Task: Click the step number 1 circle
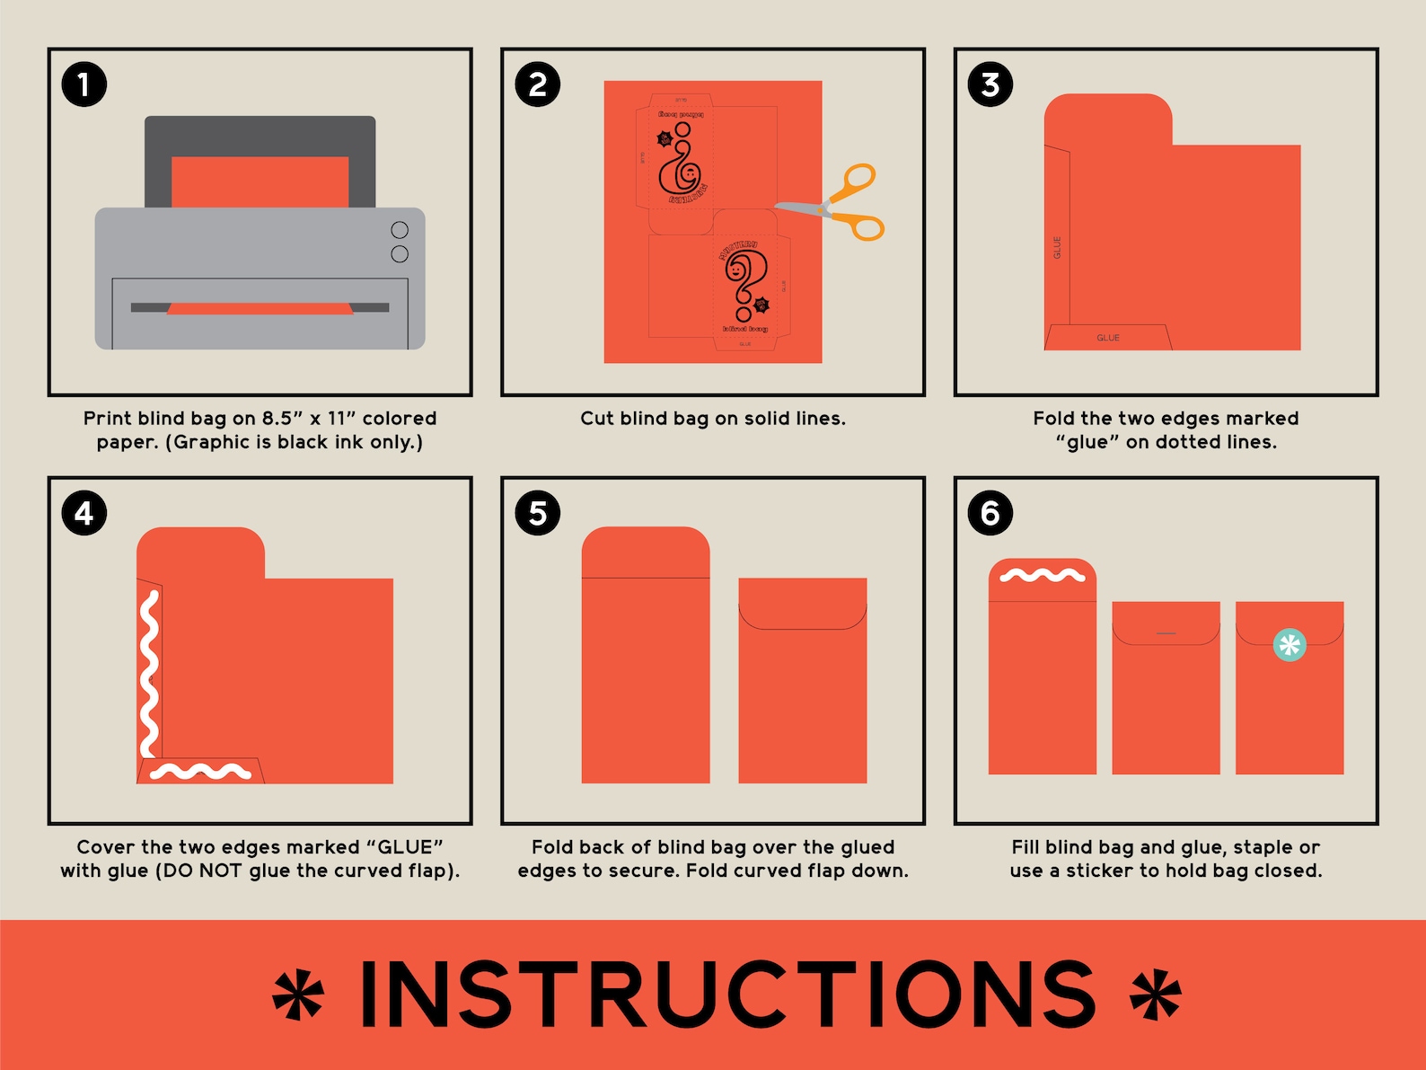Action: tap(84, 84)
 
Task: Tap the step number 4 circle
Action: tap(84, 513)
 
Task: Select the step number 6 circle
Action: tap(990, 513)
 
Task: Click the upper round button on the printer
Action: tap(400, 230)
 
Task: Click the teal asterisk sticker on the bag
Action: tap(1290, 644)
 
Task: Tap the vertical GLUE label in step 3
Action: tap(1057, 247)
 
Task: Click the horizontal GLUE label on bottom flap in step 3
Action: tap(1108, 338)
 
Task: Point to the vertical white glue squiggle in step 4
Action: tap(149, 674)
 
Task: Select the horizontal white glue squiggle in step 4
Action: tap(200, 771)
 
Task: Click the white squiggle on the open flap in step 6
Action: tap(1043, 575)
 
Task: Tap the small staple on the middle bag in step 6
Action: tap(1166, 633)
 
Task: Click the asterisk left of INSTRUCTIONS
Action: tap(299, 995)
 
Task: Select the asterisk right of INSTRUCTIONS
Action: tap(1156, 995)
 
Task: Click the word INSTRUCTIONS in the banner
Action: tap(727, 995)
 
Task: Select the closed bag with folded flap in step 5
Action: tap(802, 680)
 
